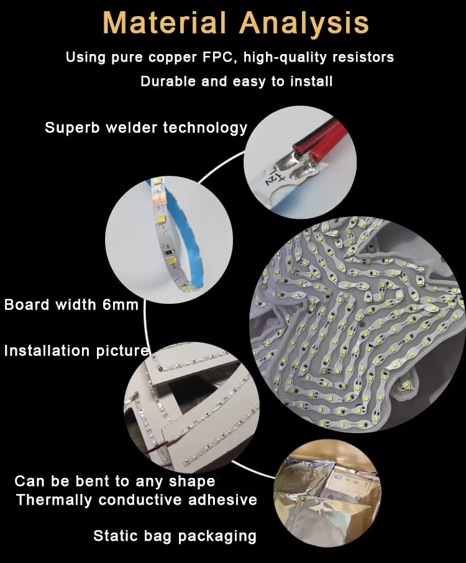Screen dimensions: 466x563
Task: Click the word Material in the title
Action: pos(165,22)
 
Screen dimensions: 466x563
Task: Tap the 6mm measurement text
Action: pos(121,304)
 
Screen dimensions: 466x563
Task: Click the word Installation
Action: pos(47,350)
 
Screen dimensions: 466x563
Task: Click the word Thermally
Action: pos(54,500)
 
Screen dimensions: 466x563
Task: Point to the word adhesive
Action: pos(222,500)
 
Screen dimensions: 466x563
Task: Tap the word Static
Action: pos(115,536)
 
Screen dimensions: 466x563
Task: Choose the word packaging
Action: pos(217,536)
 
